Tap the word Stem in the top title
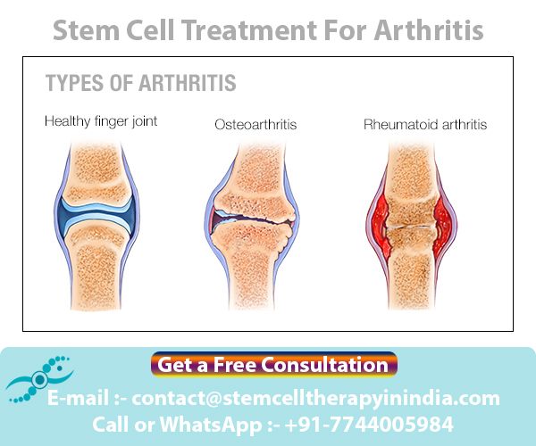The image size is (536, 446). [x=83, y=31]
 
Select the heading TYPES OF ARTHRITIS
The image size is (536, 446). [x=140, y=84]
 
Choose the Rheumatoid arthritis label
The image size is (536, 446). [x=425, y=124]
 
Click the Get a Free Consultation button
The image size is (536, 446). [x=273, y=364]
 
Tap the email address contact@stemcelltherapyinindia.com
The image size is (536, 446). [x=321, y=398]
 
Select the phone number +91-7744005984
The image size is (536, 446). [x=379, y=424]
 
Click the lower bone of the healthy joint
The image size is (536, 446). [x=101, y=268]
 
